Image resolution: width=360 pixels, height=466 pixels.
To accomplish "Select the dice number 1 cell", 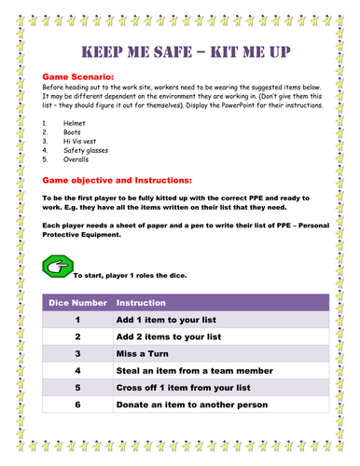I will (78, 321).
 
